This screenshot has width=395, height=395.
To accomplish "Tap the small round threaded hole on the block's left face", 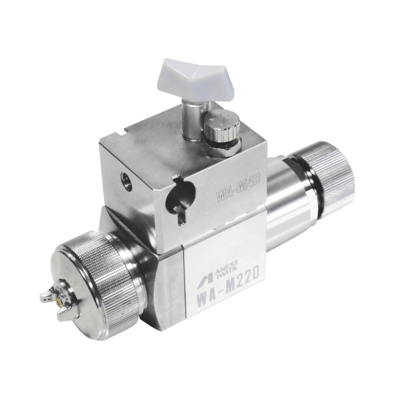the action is pos(124,178).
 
